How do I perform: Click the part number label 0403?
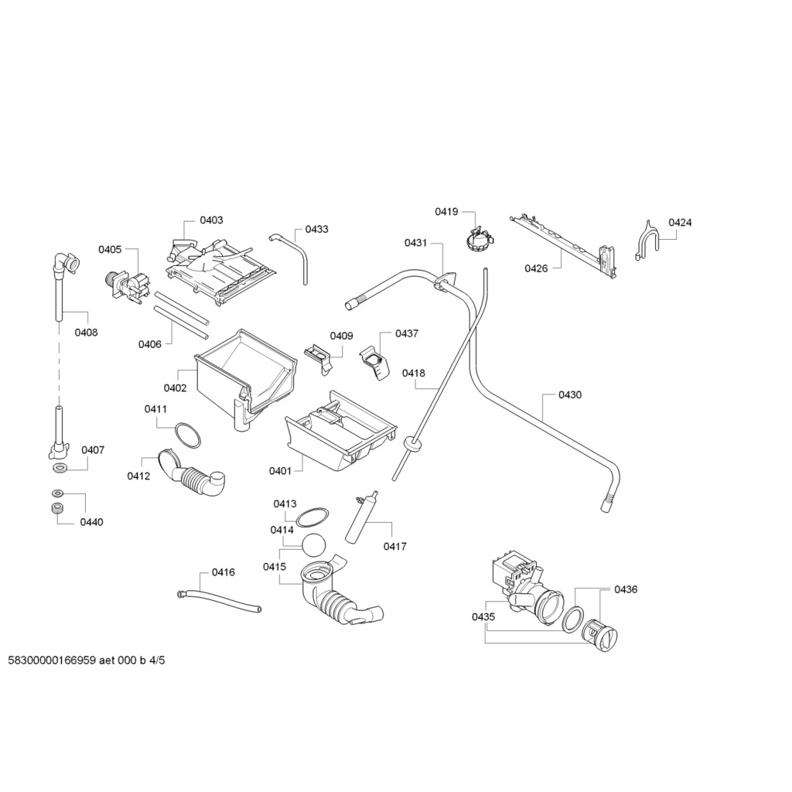pyautogui.click(x=211, y=220)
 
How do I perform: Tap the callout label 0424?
pyautogui.click(x=680, y=223)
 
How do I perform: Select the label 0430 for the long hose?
pyautogui.click(x=570, y=395)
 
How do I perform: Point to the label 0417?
pyautogui.click(x=394, y=547)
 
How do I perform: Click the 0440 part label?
pyautogui.click(x=91, y=522)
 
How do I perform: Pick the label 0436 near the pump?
pyautogui.click(x=626, y=589)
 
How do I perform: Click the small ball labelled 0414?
pyautogui.click(x=314, y=544)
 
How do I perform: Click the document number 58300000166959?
pyautogui.click(x=52, y=661)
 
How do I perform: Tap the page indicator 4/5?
pyautogui.click(x=158, y=661)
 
